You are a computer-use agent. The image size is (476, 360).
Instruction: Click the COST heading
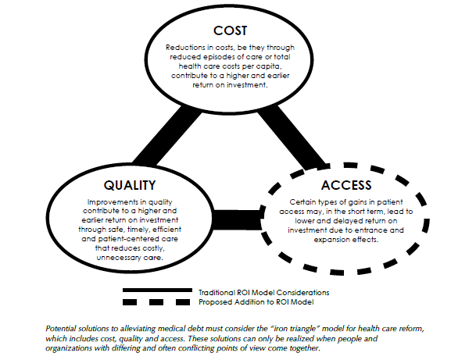coord(230,30)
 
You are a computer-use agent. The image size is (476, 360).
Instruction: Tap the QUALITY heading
coord(130,185)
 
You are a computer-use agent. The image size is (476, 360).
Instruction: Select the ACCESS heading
coord(346,185)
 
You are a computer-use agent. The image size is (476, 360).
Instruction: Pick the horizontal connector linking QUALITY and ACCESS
coord(237,219)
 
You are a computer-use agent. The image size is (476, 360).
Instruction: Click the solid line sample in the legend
coord(157,290)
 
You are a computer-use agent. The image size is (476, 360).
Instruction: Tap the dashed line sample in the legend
coord(156,302)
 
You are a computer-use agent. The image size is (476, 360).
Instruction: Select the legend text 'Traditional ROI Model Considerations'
coord(264,293)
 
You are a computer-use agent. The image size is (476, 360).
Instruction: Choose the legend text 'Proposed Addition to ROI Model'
coord(256,302)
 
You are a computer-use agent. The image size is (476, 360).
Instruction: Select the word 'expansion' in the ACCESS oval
coord(332,240)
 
